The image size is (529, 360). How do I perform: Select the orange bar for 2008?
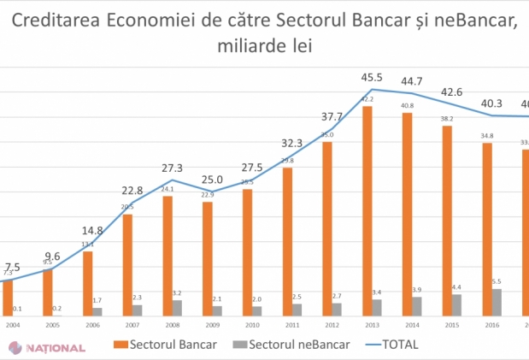point(167,256)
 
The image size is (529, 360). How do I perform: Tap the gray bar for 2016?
point(497,303)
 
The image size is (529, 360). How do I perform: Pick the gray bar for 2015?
point(457,305)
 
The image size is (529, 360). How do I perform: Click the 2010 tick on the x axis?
point(252,326)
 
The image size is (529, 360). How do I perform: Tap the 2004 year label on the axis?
point(13,326)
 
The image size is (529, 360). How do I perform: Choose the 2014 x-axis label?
point(412,326)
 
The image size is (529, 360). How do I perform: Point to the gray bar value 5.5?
point(497,281)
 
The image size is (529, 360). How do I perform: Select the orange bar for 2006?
point(87,284)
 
